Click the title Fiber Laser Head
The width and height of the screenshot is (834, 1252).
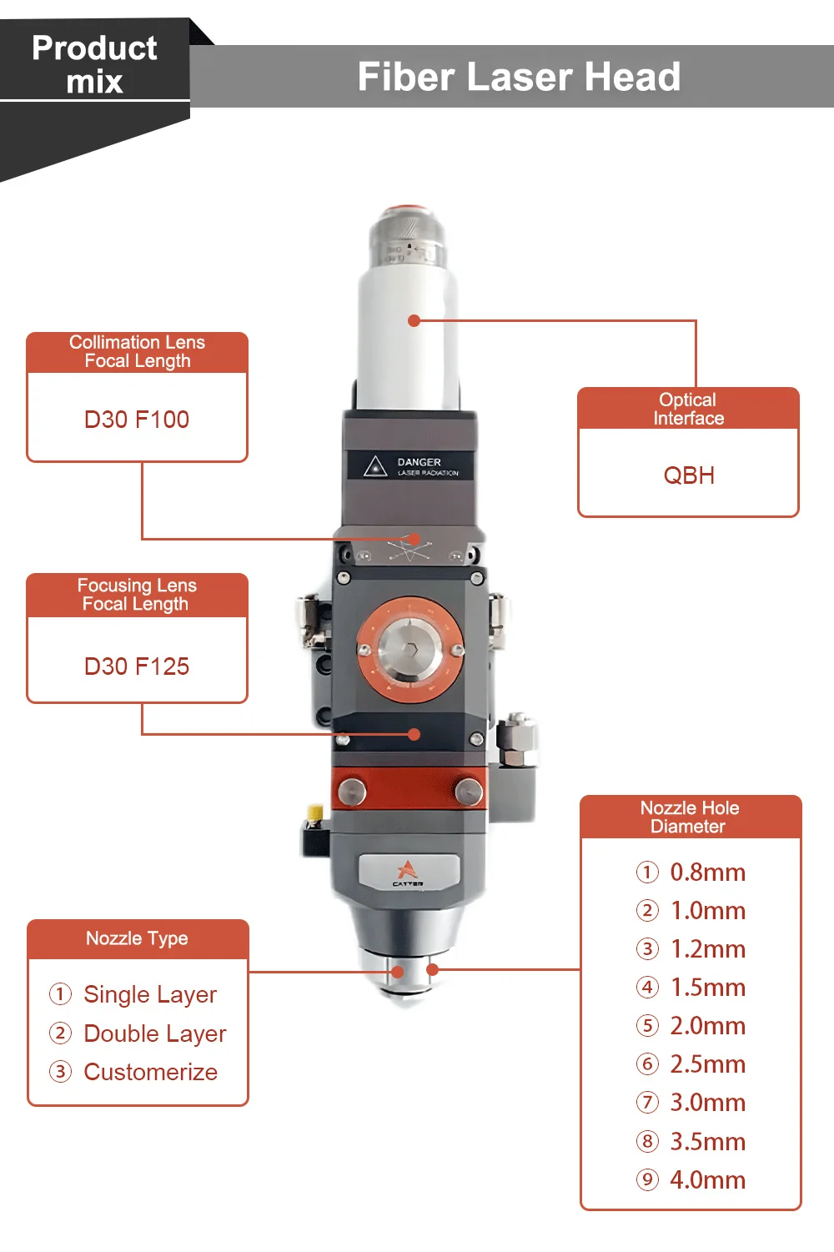[519, 77]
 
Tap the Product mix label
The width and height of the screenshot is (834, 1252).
[94, 64]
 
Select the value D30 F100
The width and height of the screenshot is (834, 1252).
[137, 420]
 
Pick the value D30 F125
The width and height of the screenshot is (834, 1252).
[137, 666]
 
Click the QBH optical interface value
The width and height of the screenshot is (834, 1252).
[689, 475]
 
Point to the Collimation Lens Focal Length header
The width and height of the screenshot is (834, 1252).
[137, 352]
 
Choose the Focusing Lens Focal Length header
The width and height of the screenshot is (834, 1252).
[137, 595]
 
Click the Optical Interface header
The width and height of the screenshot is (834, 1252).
[688, 409]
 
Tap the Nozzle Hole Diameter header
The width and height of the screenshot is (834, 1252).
[690, 817]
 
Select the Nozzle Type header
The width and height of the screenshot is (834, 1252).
[137, 938]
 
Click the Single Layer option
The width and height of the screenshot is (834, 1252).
[150, 994]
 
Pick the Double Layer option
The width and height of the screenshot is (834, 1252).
[155, 1033]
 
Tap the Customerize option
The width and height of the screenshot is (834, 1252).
[151, 1072]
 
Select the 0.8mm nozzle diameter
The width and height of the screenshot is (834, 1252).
[707, 872]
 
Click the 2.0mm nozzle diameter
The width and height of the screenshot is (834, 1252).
[707, 1026]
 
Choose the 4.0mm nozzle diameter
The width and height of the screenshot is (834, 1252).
[707, 1180]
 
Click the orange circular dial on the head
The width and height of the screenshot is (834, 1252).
[410, 649]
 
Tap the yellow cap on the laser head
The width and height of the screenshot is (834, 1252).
[315, 812]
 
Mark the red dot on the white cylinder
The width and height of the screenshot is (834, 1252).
[414, 320]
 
